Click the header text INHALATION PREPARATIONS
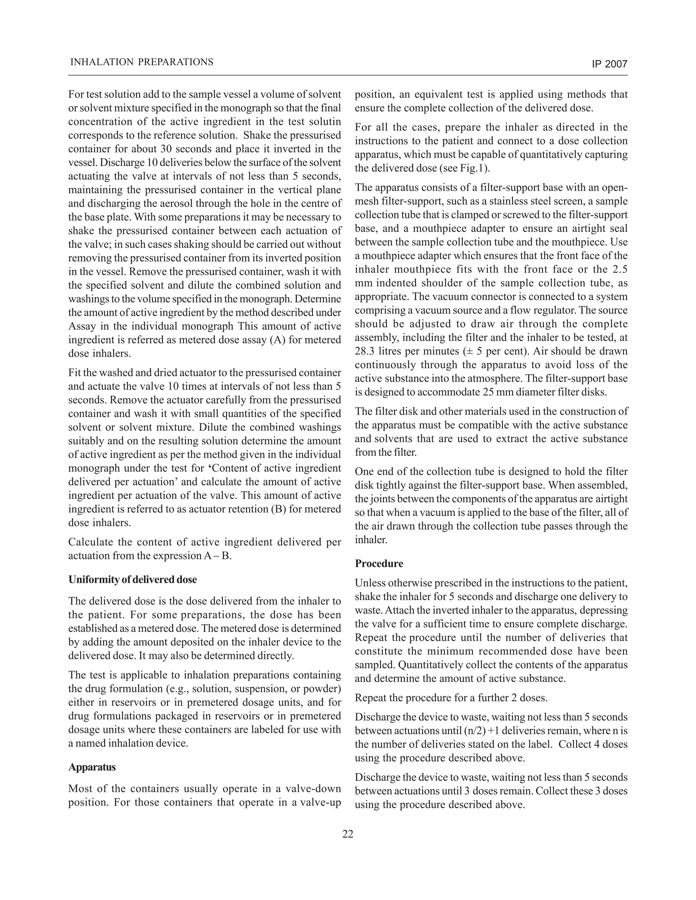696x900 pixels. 142,62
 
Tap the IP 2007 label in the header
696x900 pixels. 609,64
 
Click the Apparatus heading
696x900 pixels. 92,767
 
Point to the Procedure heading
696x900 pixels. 379,563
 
